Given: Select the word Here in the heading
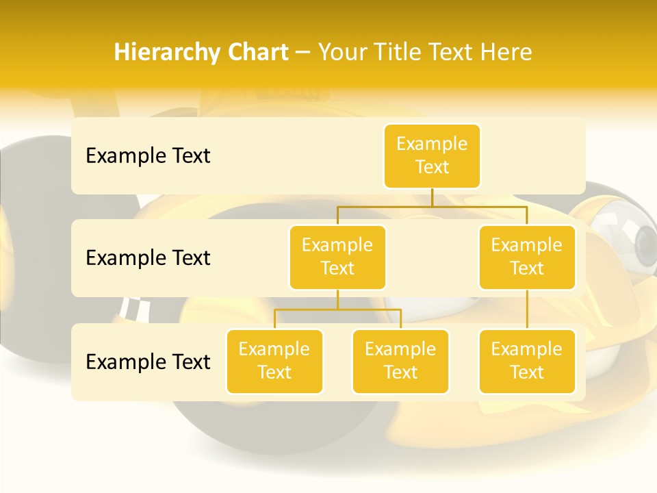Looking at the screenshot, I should click(x=506, y=53).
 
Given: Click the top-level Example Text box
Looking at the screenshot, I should click(x=432, y=156).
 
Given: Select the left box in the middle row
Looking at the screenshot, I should click(x=337, y=257).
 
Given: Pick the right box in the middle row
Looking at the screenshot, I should click(x=527, y=257).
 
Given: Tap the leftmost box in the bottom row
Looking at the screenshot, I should click(x=274, y=362).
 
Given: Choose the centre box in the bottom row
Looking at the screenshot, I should click(x=400, y=362).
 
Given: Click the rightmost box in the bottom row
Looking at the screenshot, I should click(x=527, y=362).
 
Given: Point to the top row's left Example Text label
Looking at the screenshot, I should click(x=148, y=156).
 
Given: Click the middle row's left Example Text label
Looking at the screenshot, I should click(x=148, y=258).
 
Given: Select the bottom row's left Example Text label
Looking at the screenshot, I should click(x=148, y=362).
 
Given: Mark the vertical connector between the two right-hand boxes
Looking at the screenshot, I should click(x=527, y=309).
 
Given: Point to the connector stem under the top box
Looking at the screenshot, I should click(x=432, y=197).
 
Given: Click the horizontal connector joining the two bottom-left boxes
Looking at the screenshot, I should click(x=337, y=309).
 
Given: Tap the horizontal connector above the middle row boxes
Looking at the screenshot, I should click(x=432, y=206).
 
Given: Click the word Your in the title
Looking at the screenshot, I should click(x=340, y=53).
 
